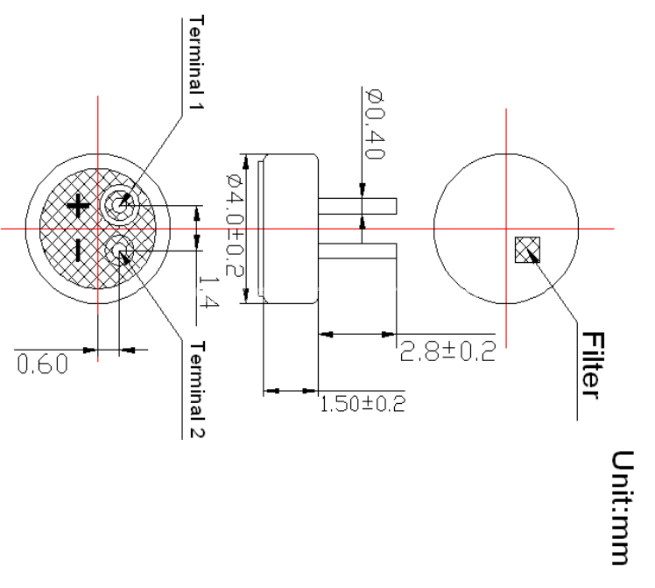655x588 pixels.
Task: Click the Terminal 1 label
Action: tap(196, 63)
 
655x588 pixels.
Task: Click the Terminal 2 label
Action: tap(197, 389)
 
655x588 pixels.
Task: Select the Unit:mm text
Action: tap(623, 507)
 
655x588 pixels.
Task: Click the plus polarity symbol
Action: tap(78, 205)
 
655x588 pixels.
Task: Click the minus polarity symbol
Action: tap(78, 251)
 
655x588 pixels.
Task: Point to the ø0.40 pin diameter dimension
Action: tap(374, 124)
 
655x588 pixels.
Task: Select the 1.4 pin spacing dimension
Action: tap(208, 291)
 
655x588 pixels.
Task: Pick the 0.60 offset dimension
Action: tap(42, 363)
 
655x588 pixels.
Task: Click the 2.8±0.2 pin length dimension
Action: tap(447, 351)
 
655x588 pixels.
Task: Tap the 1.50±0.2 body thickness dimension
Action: tap(363, 404)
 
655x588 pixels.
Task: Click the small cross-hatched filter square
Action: tap(527, 250)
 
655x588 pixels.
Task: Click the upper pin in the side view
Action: tap(357, 206)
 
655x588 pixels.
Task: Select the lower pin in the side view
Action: tap(357, 251)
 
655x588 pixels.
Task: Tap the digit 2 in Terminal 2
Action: tap(197, 432)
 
